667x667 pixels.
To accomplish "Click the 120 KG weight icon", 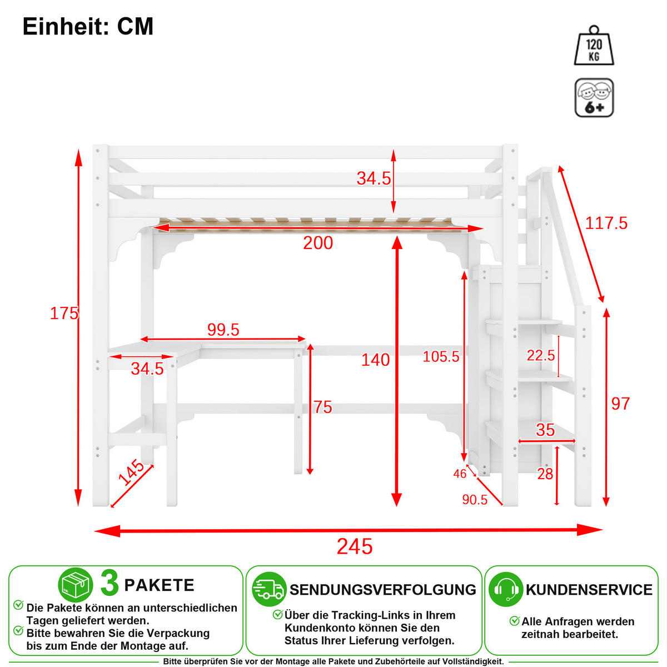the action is pyautogui.click(x=594, y=46).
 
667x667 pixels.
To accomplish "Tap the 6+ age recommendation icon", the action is pyautogui.click(x=594, y=98).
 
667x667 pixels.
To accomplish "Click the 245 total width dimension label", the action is pyautogui.click(x=355, y=547).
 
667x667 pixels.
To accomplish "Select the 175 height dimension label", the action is pyautogui.click(x=64, y=313).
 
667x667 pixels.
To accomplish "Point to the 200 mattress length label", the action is pyautogui.click(x=318, y=243).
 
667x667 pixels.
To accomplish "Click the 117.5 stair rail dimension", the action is pyautogui.click(x=606, y=223).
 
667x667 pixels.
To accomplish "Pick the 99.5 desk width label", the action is pyautogui.click(x=223, y=330).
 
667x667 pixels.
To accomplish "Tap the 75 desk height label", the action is pyautogui.click(x=322, y=407).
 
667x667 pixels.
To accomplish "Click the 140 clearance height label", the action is pyautogui.click(x=376, y=360).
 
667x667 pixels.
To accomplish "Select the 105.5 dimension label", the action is pyautogui.click(x=441, y=357).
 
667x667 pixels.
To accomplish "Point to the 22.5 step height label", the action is pyautogui.click(x=541, y=356).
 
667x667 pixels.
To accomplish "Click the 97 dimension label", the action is pyautogui.click(x=621, y=404).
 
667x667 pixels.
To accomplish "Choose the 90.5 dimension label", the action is pyautogui.click(x=475, y=500).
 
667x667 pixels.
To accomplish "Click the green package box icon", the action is pyautogui.click(x=76, y=585).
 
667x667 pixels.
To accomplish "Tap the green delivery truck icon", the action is pyautogui.click(x=269, y=590).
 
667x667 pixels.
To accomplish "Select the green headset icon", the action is pyautogui.click(x=506, y=590).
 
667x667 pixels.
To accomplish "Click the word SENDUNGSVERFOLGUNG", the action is pyautogui.click(x=383, y=590).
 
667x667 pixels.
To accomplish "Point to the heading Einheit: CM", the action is pyautogui.click(x=88, y=26).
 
